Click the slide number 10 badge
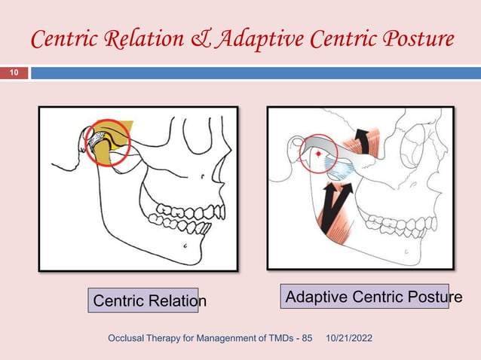pos(15,73)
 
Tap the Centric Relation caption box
pos(142,301)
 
